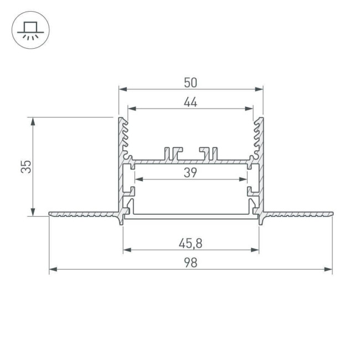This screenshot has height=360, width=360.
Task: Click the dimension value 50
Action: (x=191, y=83)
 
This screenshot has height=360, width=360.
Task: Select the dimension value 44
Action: (x=191, y=102)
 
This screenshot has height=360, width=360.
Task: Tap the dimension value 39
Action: (x=191, y=173)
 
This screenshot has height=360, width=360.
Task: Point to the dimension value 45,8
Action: (x=191, y=243)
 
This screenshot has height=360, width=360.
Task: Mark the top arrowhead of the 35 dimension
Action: (x=34, y=121)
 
